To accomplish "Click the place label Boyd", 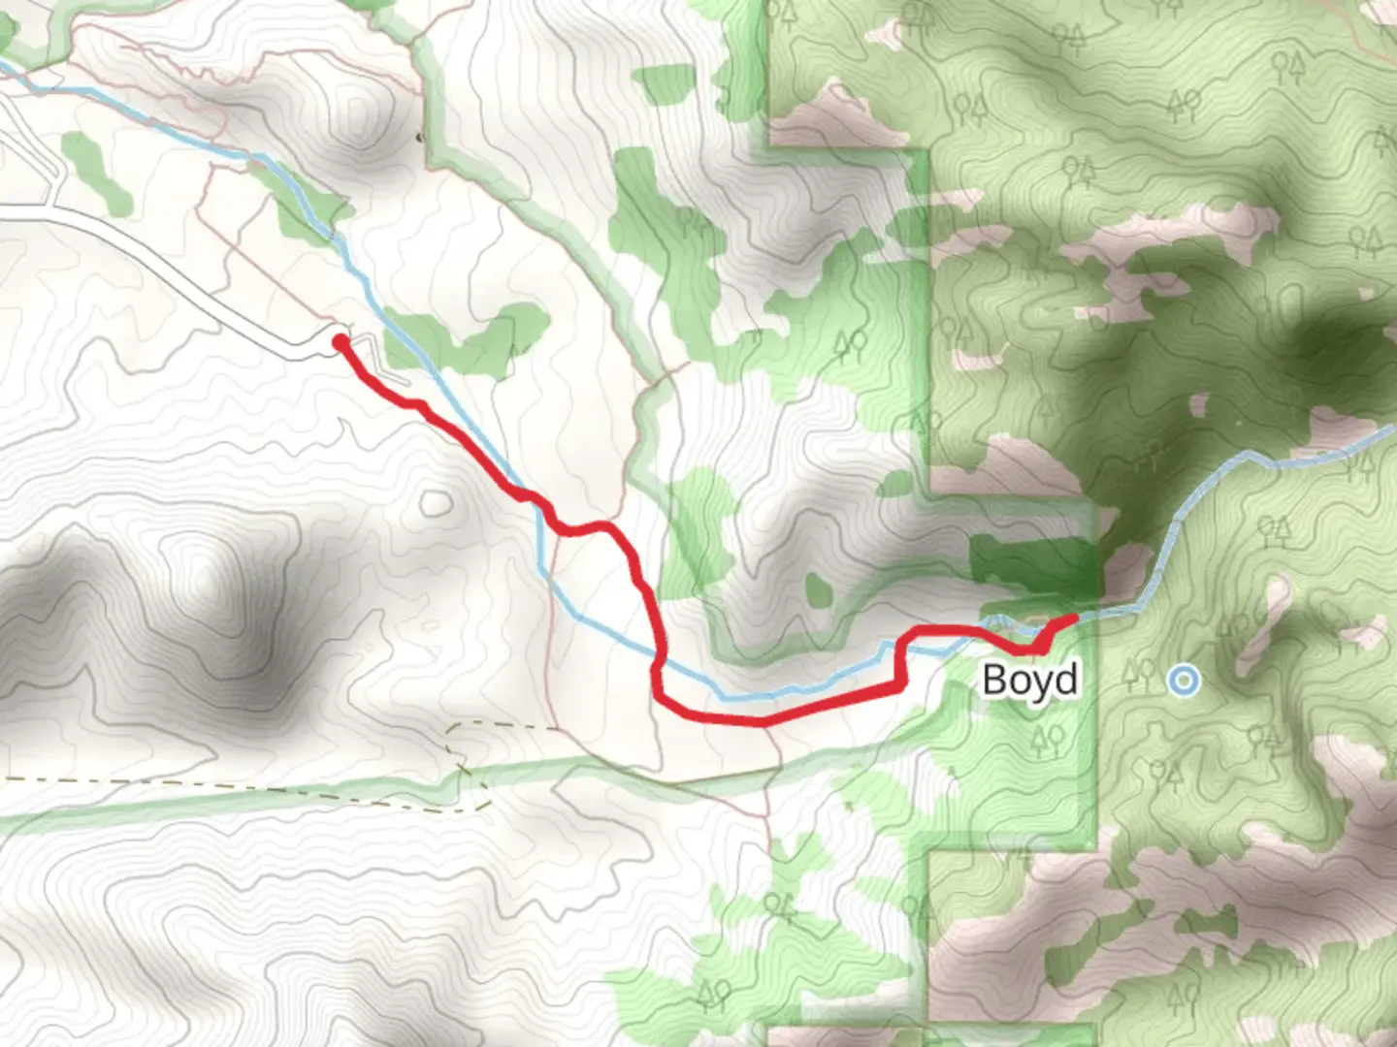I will tap(1029, 680).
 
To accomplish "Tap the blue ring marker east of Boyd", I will tap(1183, 680).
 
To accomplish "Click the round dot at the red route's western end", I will tap(340, 341).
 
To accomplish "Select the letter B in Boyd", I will tap(994, 680).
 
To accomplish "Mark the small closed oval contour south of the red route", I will tap(436, 502).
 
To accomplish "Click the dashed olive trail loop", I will tap(471, 766).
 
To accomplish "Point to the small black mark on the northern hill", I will tap(420, 138).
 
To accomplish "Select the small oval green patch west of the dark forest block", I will tap(819, 588).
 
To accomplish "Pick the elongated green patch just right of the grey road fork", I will tap(95, 173).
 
